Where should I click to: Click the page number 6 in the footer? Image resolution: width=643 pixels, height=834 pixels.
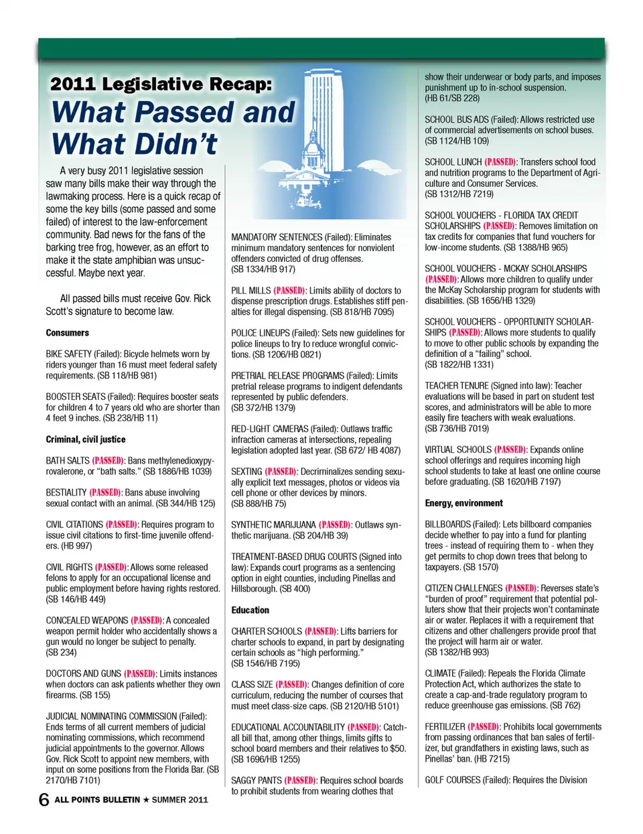[x=44, y=799]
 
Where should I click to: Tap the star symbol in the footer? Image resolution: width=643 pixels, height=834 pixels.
[x=146, y=800]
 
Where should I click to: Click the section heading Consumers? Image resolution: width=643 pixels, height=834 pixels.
[x=67, y=333]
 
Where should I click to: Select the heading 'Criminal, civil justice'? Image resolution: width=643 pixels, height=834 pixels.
[x=85, y=439]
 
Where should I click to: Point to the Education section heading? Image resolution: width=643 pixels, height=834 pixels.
[x=250, y=610]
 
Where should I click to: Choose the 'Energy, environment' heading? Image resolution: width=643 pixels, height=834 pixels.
[x=463, y=503]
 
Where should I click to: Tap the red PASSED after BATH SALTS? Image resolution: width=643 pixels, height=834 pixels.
[x=107, y=461]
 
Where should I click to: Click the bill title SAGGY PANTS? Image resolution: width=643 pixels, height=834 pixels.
[x=256, y=780]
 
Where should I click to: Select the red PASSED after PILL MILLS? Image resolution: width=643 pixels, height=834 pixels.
[x=290, y=291]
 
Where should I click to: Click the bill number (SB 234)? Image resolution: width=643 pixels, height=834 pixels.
[x=61, y=652]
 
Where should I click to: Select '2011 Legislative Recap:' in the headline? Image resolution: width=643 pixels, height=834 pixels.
[x=161, y=84]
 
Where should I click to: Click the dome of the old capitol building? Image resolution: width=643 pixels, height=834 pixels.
[x=312, y=144]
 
